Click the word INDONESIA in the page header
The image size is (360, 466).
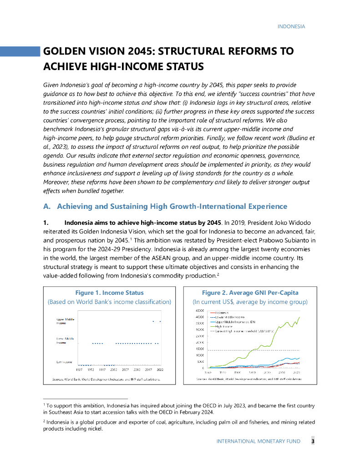(x=291, y=26)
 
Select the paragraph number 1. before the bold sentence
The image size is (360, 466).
(x=46, y=223)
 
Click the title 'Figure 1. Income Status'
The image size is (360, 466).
(x=109, y=293)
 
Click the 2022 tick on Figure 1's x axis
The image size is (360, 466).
(x=160, y=370)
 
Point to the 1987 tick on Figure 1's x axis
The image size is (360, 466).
(x=79, y=370)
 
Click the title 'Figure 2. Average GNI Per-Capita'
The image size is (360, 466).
(x=250, y=293)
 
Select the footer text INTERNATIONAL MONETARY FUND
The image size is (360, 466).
(x=261, y=441)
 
